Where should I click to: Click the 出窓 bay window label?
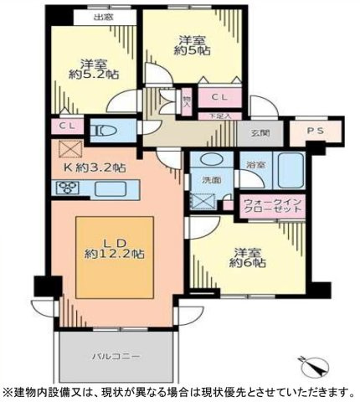[103, 16]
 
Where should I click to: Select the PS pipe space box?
[306, 131]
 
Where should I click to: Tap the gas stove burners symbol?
[67, 188]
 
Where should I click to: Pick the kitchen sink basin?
[107, 188]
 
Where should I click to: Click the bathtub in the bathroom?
[290, 171]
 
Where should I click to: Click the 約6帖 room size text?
[249, 263]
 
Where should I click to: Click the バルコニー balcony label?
[116, 356]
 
